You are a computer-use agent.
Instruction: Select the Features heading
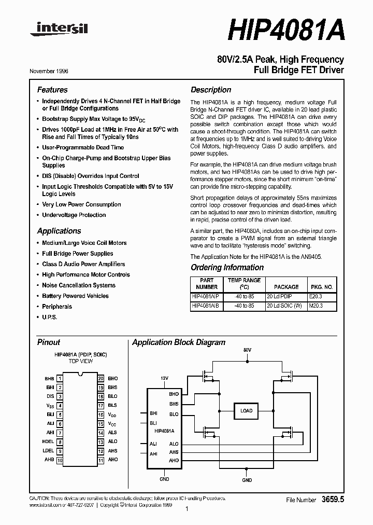click(52, 90)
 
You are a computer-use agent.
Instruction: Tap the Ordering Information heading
click(227, 268)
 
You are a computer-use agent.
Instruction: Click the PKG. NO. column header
click(321, 286)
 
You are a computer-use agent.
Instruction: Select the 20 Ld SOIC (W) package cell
click(286, 306)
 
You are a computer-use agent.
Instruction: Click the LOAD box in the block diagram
click(247, 411)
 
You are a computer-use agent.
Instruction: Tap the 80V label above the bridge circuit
click(247, 351)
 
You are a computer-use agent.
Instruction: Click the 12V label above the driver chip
click(164, 379)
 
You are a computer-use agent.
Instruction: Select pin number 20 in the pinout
click(101, 379)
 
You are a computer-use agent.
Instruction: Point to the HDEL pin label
click(48, 442)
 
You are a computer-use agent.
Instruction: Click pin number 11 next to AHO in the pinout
click(101, 460)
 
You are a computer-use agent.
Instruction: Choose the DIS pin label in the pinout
click(50, 396)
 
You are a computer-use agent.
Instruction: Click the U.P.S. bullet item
click(50, 317)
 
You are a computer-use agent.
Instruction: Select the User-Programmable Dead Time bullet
click(83, 147)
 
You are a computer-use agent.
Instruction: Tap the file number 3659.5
click(333, 500)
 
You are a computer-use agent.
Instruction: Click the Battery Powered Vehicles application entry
click(75, 296)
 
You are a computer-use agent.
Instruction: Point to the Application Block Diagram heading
click(179, 342)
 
